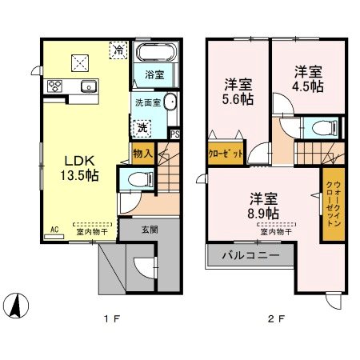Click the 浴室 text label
154,75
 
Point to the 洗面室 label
146,102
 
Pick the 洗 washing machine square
142,127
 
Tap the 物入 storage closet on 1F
140,152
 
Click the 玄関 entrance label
150,228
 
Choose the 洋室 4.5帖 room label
306,78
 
